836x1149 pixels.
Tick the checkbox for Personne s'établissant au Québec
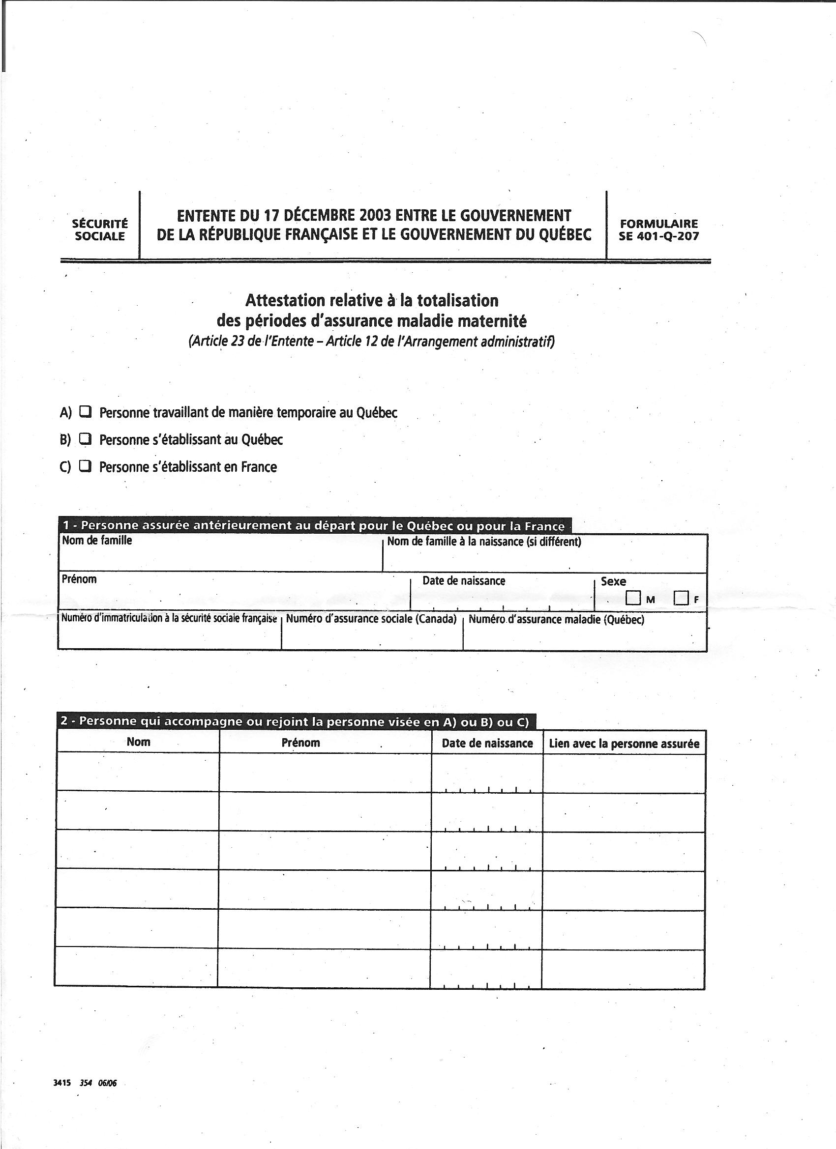click(x=86, y=439)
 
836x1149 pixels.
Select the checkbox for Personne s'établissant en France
click(x=86, y=465)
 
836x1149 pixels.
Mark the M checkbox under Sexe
click(x=633, y=598)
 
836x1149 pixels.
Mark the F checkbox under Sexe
click(x=681, y=598)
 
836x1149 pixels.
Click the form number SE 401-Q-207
click(x=658, y=236)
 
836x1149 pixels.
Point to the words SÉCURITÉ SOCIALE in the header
click(x=100, y=230)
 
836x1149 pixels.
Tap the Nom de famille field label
click(x=97, y=541)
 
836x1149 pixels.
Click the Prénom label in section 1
click(x=79, y=579)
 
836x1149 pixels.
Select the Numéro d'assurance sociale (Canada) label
click(x=371, y=619)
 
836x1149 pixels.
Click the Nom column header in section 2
click(x=138, y=742)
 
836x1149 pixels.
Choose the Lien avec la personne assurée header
click(x=624, y=744)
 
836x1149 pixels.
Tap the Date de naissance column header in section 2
click(x=487, y=743)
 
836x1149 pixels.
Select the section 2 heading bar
click(x=295, y=721)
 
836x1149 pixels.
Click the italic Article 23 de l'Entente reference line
click(x=372, y=341)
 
